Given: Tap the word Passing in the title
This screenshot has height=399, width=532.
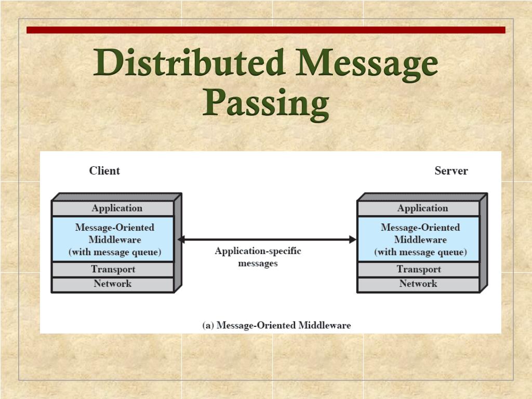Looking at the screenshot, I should click(x=265, y=102).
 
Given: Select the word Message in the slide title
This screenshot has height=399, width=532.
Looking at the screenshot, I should click(x=367, y=63).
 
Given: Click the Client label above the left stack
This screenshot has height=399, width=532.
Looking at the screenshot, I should click(x=104, y=171).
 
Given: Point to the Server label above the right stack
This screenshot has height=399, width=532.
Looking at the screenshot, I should click(x=451, y=171).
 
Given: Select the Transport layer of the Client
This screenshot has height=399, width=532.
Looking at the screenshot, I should click(x=113, y=269).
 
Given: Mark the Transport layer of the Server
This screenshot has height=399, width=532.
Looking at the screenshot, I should click(x=418, y=269).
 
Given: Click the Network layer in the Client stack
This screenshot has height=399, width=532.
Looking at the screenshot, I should click(x=113, y=284).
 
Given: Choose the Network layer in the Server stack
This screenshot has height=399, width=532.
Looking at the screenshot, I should click(x=418, y=284).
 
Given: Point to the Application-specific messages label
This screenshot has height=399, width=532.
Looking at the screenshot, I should click(x=258, y=257).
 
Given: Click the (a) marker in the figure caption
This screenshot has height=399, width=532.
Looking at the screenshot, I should click(x=208, y=326).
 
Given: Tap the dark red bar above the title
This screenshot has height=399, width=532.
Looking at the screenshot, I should click(x=265, y=30).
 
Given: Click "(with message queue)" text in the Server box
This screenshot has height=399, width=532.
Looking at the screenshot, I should click(x=420, y=253).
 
